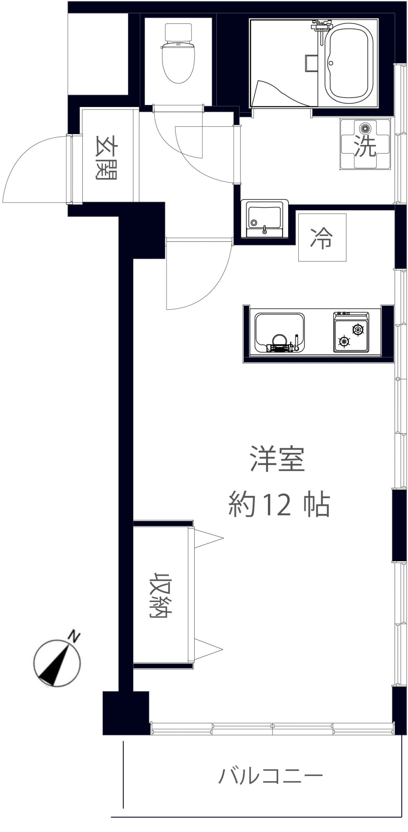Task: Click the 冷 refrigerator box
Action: [x=322, y=237]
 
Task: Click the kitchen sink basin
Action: [x=280, y=332]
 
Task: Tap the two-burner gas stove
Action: [x=351, y=332]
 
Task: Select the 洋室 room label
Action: [x=277, y=459]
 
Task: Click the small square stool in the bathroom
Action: [x=311, y=63]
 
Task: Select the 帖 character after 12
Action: [x=317, y=506]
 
